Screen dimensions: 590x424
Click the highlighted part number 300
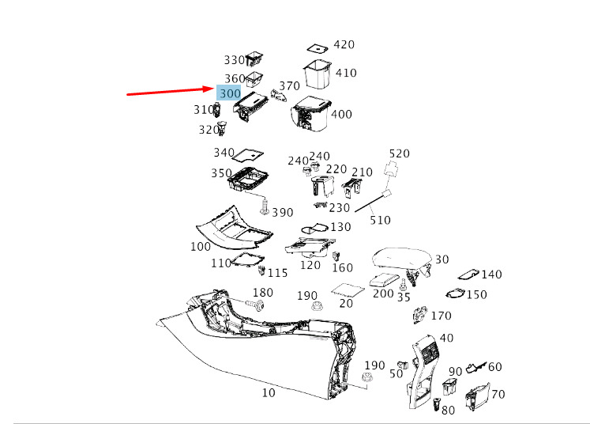point(230,93)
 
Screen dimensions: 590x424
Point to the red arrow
point(171,90)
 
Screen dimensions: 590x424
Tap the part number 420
point(344,45)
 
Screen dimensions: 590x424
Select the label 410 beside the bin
point(346,73)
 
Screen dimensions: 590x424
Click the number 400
point(341,115)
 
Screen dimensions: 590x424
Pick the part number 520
point(400,153)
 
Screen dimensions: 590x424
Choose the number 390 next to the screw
point(282,213)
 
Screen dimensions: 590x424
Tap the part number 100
point(201,247)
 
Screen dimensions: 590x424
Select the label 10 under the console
point(269,392)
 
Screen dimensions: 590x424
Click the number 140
point(491,274)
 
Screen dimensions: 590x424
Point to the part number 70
point(498,394)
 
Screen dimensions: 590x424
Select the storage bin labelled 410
point(318,72)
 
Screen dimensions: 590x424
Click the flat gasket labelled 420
point(318,47)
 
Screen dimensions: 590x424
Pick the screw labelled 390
point(264,208)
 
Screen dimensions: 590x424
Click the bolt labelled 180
point(254,304)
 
